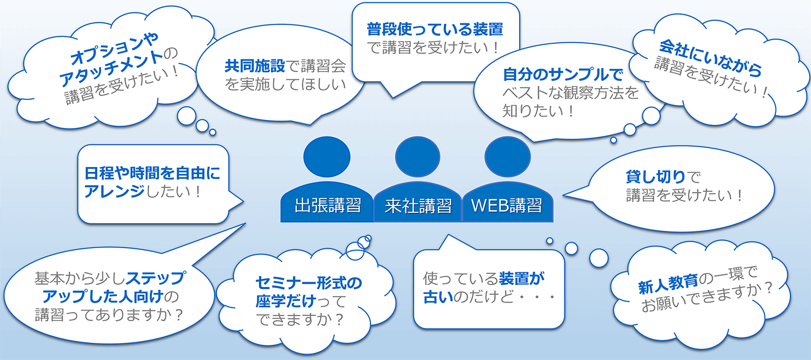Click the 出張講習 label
[328, 206]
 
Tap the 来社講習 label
[418, 206]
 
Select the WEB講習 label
[506, 206]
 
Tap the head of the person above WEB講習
[506, 156]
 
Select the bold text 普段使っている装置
[435, 28]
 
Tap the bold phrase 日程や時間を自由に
[152, 174]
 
